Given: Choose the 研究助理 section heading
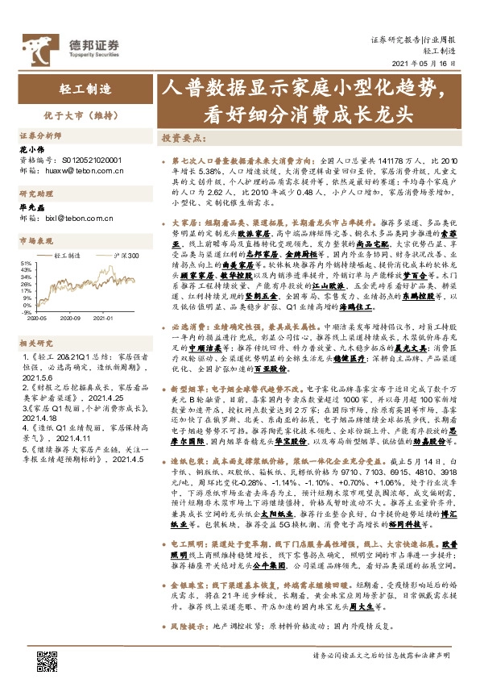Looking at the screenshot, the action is click(x=33, y=194).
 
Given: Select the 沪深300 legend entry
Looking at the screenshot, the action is click(x=127, y=255).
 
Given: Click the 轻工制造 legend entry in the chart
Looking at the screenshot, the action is click(x=77, y=255).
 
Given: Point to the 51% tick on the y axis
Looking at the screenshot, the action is click(x=25, y=263).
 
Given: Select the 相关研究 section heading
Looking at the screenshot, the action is click(x=33, y=341).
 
